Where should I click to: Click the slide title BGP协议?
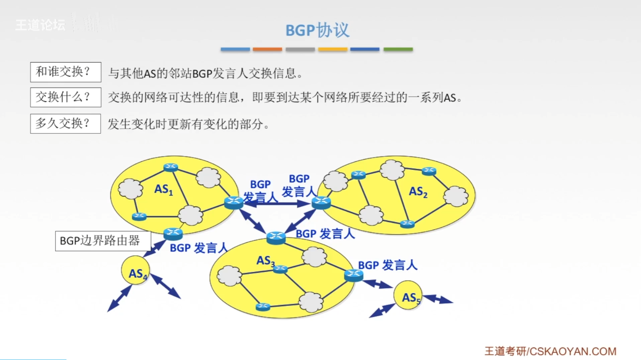[317, 30]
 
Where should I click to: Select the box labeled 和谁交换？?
[66, 72]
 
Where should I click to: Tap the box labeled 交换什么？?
[66, 97]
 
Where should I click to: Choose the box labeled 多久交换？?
[66, 123]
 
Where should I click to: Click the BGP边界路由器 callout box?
[103, 241]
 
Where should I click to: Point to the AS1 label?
[164, 189]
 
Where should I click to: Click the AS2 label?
[418, 192]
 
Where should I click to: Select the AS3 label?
[265, 261]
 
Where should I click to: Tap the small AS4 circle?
[135, 271]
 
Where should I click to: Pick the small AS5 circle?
[408, 295]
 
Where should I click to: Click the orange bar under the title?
[267, 49]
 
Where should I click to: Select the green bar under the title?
[398, 49]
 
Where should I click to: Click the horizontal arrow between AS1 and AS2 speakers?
[277, 204]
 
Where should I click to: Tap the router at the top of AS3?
[276, 237]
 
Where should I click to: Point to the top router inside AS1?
[171, 167]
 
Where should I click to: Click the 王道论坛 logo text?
[40, 25]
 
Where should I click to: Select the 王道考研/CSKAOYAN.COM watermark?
[550, 351]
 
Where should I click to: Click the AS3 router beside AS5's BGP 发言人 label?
[353, 275]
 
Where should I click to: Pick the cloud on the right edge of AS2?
[456, 196]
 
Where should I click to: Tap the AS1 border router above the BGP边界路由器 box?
[173, 233]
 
